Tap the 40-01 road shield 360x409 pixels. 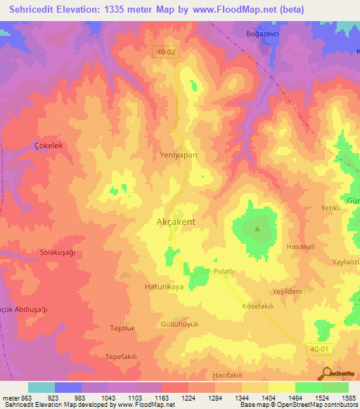(x=318, y=348)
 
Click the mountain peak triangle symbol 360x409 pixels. (x=257, y=228)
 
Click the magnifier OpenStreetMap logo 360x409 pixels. (x=328, y=373)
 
